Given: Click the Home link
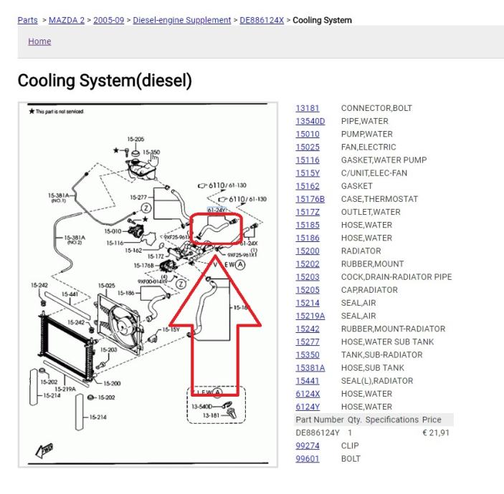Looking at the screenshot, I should [x=39, y=42].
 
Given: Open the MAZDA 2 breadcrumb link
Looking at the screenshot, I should [x=69, y=19].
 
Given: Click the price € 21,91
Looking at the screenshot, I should [x=435, y=432].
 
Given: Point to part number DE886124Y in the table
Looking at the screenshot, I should [x=318, y=432].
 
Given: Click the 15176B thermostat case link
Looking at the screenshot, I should [x=310, y=199].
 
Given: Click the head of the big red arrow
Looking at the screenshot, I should [x=215, y=276].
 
